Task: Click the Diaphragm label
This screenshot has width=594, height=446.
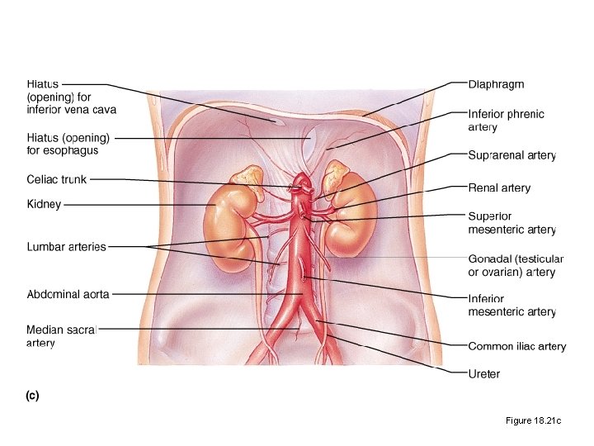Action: click(x=496, y=84)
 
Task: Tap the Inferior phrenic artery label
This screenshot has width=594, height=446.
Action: click(x=506, y=121)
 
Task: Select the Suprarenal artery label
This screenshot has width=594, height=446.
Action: click(x=511, y=155)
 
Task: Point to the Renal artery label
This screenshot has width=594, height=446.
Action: click(x=499, y=187)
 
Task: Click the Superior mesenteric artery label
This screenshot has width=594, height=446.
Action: click(x=511, y=223)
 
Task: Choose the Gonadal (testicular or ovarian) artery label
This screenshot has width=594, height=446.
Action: click(x=516, y=265)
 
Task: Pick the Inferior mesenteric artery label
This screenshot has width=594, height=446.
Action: click(x=511, y=305)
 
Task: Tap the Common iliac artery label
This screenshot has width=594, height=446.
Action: click(x=516, y=346)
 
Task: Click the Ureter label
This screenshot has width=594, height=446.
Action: click(x=483, y=374)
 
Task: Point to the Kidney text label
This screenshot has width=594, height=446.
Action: click(x=44, y=204)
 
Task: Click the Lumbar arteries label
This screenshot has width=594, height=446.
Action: click(x=66, y=246)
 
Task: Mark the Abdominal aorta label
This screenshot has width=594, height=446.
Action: click(x=68, y=293)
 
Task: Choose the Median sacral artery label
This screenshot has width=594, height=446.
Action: click(x=61, y=336)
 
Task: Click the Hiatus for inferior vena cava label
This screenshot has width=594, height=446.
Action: click(x=71, y=97)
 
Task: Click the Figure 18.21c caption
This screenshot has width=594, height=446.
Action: click(x=533, y=421)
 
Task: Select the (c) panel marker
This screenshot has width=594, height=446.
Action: click(x=31, y=396)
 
